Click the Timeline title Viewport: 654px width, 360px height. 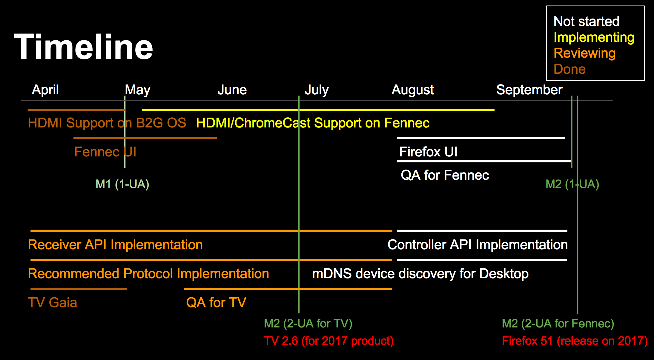coord(83,47)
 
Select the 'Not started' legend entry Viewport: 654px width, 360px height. coord(586,21)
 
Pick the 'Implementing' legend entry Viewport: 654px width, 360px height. coord(594,38)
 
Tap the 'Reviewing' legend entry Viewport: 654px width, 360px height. coord(584,53)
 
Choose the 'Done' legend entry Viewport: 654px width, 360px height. coord(569,69)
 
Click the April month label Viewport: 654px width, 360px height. coord(45,90)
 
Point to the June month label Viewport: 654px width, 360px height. coord(232,90)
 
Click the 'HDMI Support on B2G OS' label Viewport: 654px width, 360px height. coord(107,123)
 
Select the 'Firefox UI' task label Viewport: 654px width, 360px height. coord(428,152)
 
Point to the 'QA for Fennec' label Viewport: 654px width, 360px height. coord(445,175)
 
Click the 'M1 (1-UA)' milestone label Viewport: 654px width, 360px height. coord(122,184)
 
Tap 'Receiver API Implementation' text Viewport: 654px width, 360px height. coord(115,245)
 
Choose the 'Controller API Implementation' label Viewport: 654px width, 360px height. coord(478,245)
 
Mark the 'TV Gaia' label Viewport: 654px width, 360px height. coord(52,303)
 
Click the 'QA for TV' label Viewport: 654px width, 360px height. coord(216,303)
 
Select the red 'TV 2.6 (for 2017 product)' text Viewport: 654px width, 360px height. coord(329,341)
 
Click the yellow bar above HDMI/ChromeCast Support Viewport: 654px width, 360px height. coord(318,110)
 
